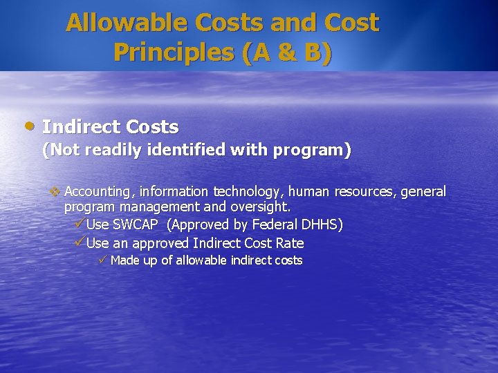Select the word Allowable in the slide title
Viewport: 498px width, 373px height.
(126, 23)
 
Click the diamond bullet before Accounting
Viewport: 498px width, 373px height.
(55, 191)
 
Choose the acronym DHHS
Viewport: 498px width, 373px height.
(322, 225)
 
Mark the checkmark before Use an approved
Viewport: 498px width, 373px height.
(79, 242)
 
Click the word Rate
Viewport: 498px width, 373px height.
(290, 243)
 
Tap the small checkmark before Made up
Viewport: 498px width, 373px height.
(102, 260)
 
